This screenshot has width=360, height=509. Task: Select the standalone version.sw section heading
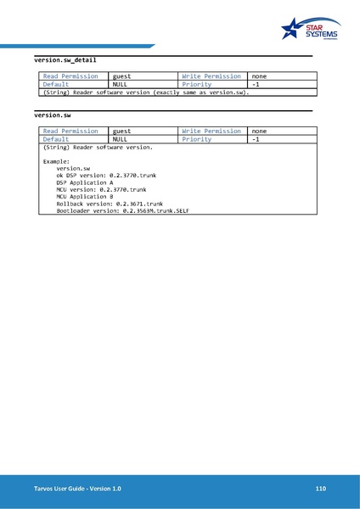click(x=53, y=114)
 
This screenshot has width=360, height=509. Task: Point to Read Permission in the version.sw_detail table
click(x=70, y=76)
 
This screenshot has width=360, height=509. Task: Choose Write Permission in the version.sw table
click(x=211, y=131)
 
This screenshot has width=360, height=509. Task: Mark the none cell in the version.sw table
click(x=259, y=131)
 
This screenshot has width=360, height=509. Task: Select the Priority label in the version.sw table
click(x=196, y=139)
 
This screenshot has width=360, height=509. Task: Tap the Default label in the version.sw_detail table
click(x=56, y=85)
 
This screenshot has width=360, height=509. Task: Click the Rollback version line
click(x=110, y=204)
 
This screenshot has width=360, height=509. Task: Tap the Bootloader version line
click(x=122, y=211)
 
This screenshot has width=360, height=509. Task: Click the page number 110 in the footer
click(x=320, y=489)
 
